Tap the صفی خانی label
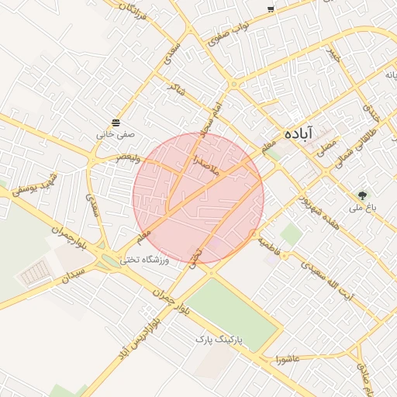(x=116, y=134)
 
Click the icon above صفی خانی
(x=116, y=123)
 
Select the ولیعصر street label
(x=129, y=157)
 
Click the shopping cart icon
(x=271, y=9)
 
